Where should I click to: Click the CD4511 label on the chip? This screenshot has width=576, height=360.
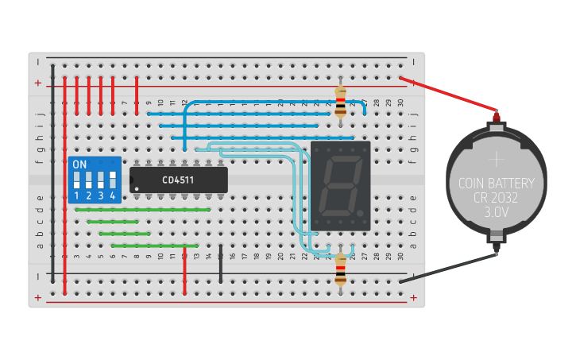pos(178,180)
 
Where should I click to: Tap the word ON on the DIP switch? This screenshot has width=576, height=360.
pos(79,165)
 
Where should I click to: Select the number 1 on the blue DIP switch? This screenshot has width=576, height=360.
pos(77,195)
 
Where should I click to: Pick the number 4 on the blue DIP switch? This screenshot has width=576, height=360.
pos(113,195)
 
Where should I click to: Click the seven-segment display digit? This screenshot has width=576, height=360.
pos(340,186)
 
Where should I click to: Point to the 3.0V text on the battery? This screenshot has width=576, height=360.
pos(496,212)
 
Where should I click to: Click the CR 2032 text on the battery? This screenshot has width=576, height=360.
pos(496,198)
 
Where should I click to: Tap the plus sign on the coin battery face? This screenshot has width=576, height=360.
pos(496,158)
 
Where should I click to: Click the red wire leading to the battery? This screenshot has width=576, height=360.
pos(449,95)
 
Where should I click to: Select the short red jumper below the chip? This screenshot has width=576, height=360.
pos(184,270)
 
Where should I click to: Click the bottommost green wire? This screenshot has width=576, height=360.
pos(155,246)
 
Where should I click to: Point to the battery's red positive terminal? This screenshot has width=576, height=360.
pos(497,117)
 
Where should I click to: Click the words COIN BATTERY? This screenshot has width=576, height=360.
pos(496,184)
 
